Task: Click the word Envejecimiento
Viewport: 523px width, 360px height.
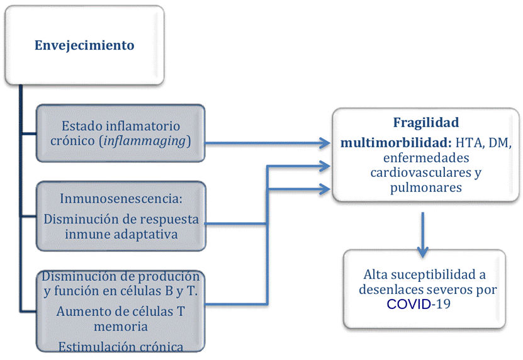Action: [x=84, y=45]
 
